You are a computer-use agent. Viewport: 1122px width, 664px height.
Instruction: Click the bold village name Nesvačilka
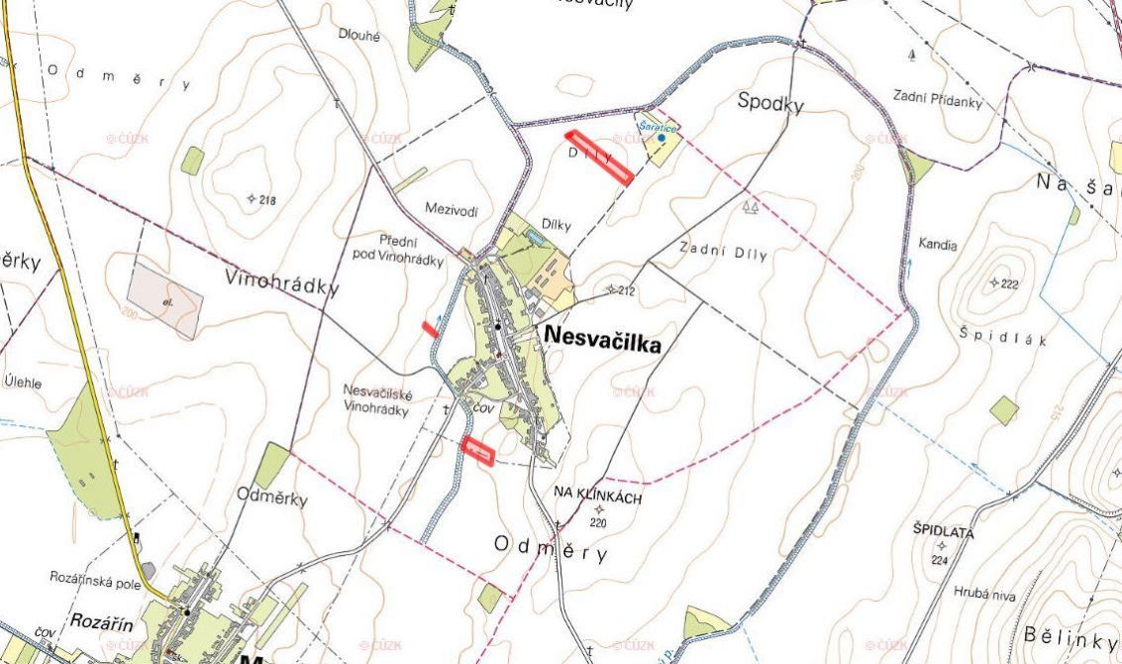click(601, 342)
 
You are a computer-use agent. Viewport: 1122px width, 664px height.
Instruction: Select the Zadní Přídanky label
click(937, 100)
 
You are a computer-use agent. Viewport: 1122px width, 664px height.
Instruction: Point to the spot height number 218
click(265, 200)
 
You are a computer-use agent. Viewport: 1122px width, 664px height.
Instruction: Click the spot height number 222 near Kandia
click(1009, 284)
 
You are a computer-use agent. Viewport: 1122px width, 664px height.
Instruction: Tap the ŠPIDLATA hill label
click(944, 532)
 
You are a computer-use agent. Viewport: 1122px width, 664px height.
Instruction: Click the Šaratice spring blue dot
click(662, 138)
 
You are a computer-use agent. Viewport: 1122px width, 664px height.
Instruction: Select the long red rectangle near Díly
click(598, 158)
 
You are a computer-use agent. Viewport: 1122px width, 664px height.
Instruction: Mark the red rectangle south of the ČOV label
click(478, 451)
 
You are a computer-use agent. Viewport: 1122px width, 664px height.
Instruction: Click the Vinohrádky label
click(282, 281)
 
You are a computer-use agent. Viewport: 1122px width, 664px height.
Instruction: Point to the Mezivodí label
click(451, 209)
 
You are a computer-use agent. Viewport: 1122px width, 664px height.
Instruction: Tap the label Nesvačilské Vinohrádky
click(376, 400)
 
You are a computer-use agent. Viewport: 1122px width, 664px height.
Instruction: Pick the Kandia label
click(938, 243)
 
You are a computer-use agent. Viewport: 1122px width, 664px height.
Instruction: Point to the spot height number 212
click(624, 291)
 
